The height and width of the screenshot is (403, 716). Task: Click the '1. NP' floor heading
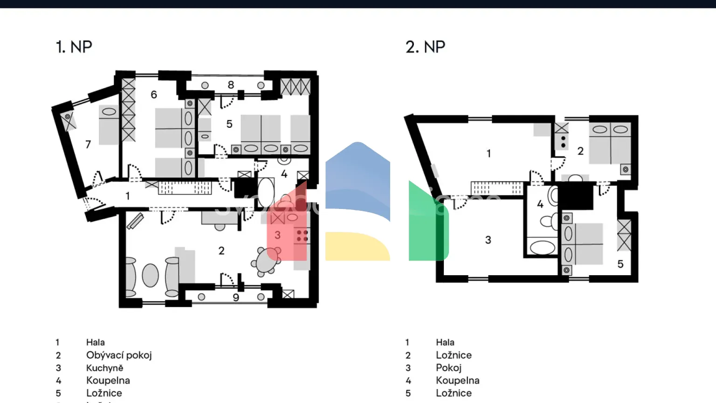(x=74, y=47)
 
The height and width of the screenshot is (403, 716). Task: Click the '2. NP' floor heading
(x=425, y=47)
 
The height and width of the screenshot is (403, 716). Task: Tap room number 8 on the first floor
(x=231, y=85)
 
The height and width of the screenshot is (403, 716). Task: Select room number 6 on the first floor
(x=154, y=95)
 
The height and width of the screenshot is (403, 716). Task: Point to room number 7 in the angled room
(x=88, y=145)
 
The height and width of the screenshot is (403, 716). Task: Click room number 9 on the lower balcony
(x=236, y=298)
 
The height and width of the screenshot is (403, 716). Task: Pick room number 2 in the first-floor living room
(x=221, y=251)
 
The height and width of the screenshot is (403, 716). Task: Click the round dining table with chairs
(x=266, y=261)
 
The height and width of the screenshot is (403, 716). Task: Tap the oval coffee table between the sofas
(x=150, y=275)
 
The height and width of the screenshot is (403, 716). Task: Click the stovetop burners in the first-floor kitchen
(x=302, y=236)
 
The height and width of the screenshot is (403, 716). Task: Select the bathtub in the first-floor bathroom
(x=266, y=192)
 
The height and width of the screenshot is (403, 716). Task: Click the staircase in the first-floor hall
(x=185, y=188)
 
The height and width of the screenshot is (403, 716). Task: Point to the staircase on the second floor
(x=496, y=188)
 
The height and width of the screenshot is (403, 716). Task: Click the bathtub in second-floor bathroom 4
(x=542, y=247)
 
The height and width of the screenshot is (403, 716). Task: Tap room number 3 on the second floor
(x=488, y=240)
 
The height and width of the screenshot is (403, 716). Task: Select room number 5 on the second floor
(x=620, y=264)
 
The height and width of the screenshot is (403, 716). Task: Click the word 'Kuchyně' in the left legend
(x=105, y=368)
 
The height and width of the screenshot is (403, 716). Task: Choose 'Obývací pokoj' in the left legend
(x=119, y=355)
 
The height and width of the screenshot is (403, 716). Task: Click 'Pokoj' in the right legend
(x=448, y=368)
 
